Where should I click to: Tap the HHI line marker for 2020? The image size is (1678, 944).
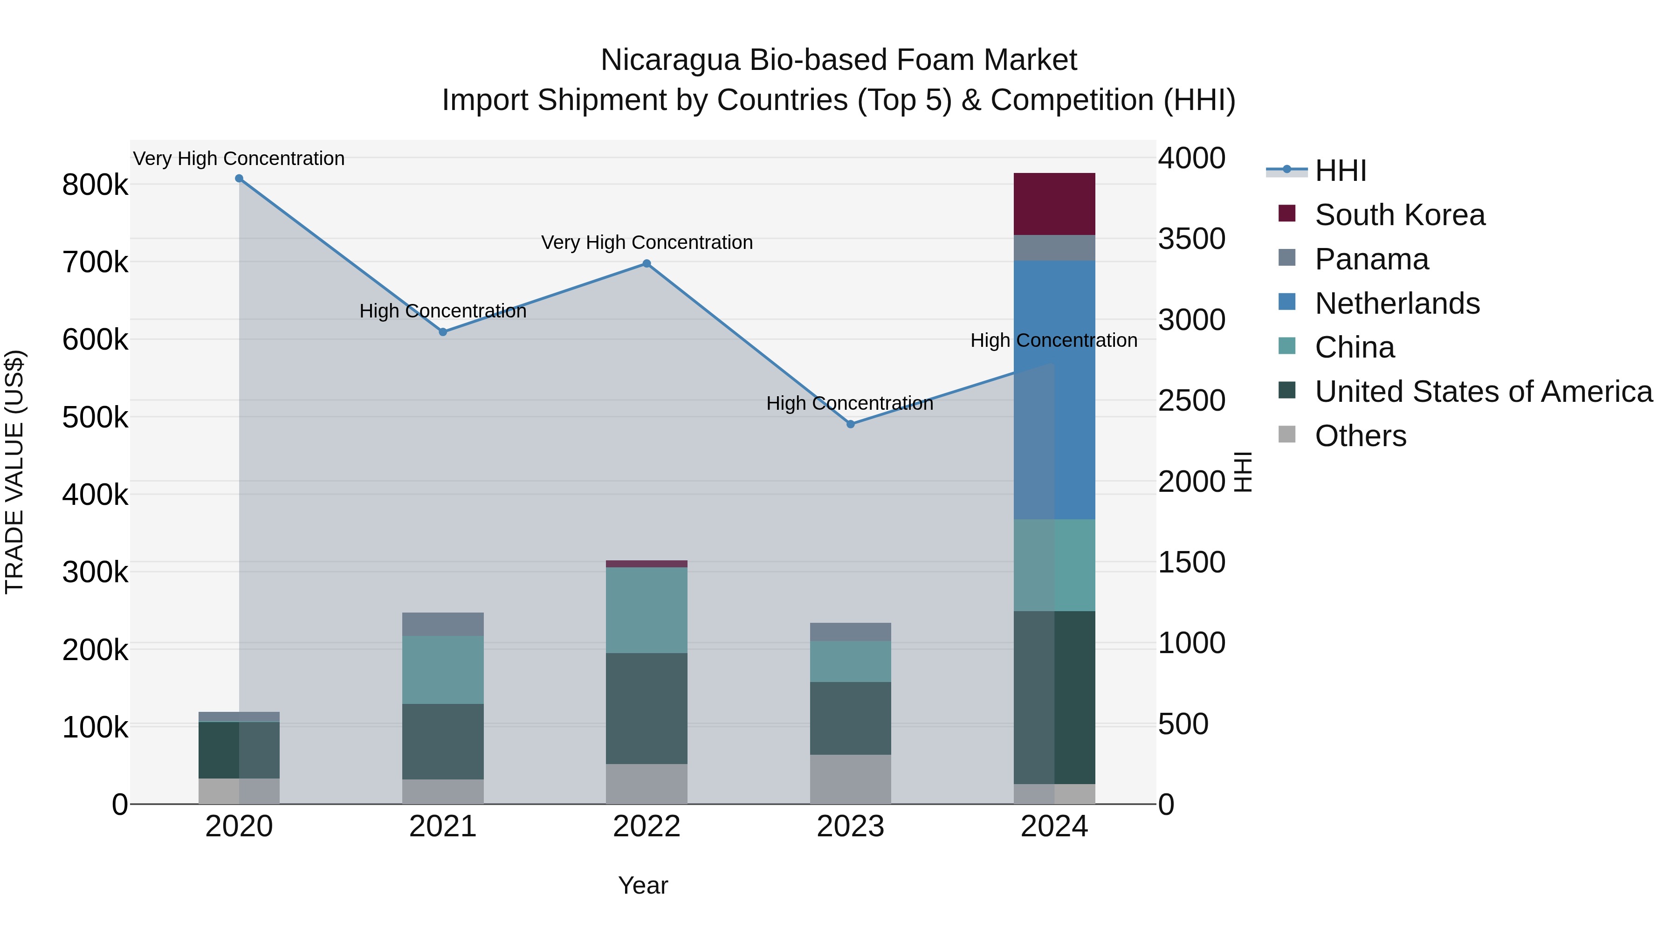coord(239,179)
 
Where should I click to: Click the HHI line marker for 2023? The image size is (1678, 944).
coord(850,424)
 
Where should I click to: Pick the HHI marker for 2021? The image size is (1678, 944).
coord(443,332)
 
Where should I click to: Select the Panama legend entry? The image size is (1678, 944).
coord(1371,259)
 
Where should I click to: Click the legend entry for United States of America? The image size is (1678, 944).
coord(1483,392)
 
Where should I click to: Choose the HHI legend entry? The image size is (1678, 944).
coord(1340,171)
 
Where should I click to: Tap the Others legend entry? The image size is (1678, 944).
coord(1360,436)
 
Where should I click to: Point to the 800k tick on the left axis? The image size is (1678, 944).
coord(95,185)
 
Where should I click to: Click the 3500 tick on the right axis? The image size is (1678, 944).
coord(1191,239)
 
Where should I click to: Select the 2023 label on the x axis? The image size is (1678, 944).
coord(850,827)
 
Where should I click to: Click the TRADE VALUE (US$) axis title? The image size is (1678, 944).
coord(14,472)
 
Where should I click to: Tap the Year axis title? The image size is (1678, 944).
coord(643,885)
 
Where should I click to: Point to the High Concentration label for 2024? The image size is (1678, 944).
coord(1053,340)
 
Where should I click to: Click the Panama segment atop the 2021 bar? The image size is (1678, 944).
coord(443,624)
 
